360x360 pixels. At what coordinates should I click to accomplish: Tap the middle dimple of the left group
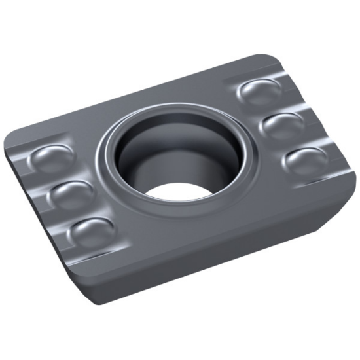[x=71, y=193]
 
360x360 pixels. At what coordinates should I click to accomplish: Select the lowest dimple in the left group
[x=92, y=230]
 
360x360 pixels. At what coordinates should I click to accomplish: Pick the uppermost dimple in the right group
[x=257, y=92]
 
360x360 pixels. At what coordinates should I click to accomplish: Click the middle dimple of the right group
[x=283, y=124]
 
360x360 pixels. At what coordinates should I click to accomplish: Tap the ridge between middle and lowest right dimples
[x=296, y=142]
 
